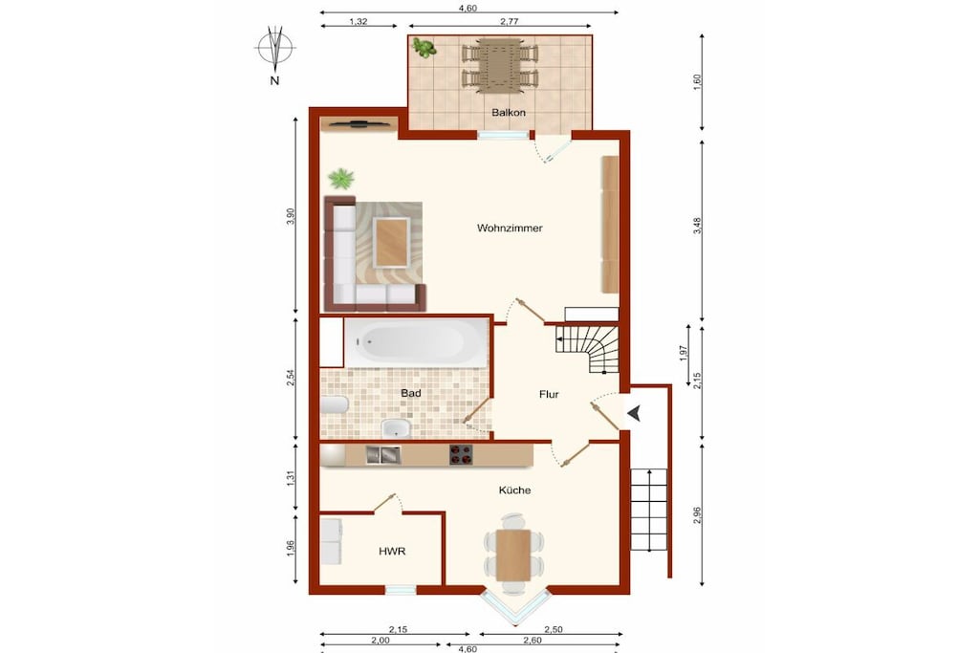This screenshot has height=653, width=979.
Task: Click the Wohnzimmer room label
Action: [x=510, y=228]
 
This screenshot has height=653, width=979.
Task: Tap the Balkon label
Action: [x=509, y=113]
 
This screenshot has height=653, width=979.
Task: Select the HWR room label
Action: [x=392, y=552]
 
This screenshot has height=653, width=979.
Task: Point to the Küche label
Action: [x=514, y=490]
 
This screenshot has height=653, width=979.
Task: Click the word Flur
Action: [x=549, y=394]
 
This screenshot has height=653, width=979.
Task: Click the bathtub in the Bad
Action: [x=417, y=342]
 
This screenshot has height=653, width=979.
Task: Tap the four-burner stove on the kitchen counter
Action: [x=461, y=454]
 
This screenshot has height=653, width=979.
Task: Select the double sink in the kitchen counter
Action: [x=383, y=455]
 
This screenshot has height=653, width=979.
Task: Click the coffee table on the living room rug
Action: [x=391, y=242]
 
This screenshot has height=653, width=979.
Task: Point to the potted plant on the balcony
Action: [x=424, y=48]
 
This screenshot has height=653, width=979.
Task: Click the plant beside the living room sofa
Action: [x=341, y=179]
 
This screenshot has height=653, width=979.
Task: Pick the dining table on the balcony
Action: [x=499, y=64]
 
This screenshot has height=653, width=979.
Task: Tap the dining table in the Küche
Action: [x=513, y=555]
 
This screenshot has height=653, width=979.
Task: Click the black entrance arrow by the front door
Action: [x=635, y=413]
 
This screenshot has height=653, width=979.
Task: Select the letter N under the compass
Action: [x=274, y=80]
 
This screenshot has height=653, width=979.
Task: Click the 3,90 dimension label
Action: [x=290, y=217]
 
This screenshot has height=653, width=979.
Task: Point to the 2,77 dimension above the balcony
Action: [x=510, y=21]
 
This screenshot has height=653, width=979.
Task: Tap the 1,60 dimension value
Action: [x=697, y=82]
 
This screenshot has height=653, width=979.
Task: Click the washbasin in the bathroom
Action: [x=395, y=428]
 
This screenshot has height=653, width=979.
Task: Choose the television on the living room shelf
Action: [x=358, y=123]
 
